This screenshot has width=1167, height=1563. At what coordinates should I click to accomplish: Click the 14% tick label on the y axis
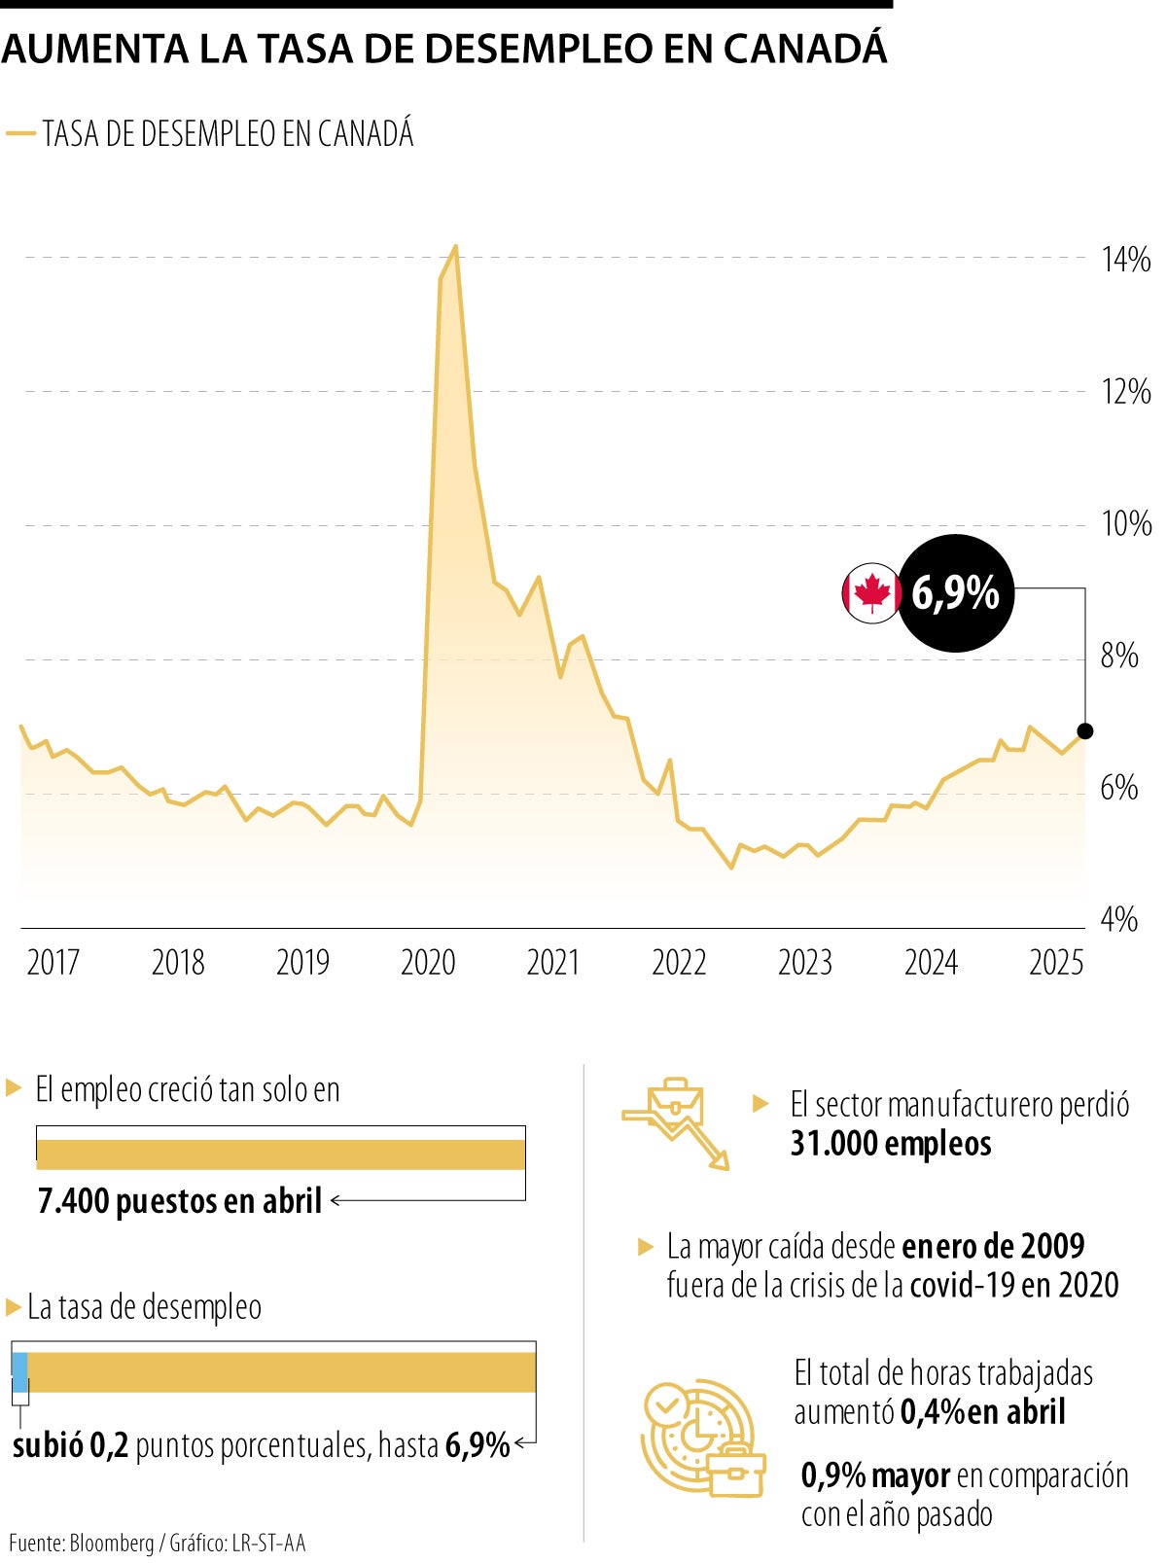click(x=1125, y=260)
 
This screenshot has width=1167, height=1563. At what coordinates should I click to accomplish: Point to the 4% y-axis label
click(x=1118, y=919)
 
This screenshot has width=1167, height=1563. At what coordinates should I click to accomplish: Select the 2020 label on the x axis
click(x=428, y=963)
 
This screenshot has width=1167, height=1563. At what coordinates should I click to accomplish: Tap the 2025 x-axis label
click(x=1056, y=963)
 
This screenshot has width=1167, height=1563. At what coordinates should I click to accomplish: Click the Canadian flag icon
click(x=871, y=592)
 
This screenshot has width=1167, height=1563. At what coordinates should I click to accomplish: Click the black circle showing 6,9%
click(x=956, y=592)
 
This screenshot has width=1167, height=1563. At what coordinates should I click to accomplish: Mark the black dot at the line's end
click(x=1085, y=731)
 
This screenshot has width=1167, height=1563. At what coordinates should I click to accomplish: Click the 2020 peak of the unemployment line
click(x=455, y=247)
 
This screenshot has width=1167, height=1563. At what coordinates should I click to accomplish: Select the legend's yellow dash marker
click(x=20, y=133)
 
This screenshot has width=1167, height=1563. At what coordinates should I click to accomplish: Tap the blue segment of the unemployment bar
click(x=19, y=1371)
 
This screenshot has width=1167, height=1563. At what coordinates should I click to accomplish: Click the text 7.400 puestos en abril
click(x=180, y=1202)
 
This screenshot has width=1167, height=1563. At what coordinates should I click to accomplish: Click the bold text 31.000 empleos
click(x=891, y=1144)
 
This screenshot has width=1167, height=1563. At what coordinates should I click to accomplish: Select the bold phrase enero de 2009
click(x=993, y=1246)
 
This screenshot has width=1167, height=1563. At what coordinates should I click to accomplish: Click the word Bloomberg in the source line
click(x=111, y=1544)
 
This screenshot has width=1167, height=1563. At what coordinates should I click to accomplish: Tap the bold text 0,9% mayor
click(x=875, y=1475)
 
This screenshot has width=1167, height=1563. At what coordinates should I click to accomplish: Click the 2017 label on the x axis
click(x=53, y=963)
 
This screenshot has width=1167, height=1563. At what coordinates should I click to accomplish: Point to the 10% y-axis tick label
click(x=1125, y=524)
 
